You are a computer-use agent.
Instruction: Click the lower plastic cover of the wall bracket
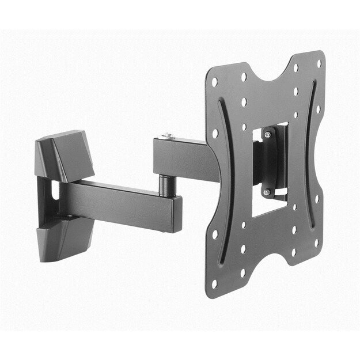pos(62,237)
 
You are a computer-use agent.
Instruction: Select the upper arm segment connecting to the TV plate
pos(184,159)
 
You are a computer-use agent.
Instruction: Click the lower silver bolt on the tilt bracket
pos(267,192)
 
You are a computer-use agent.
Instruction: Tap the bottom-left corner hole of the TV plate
pos(214,284)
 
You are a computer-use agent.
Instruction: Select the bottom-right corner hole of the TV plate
pos(316,242)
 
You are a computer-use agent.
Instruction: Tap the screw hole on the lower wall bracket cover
pos(72,217)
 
